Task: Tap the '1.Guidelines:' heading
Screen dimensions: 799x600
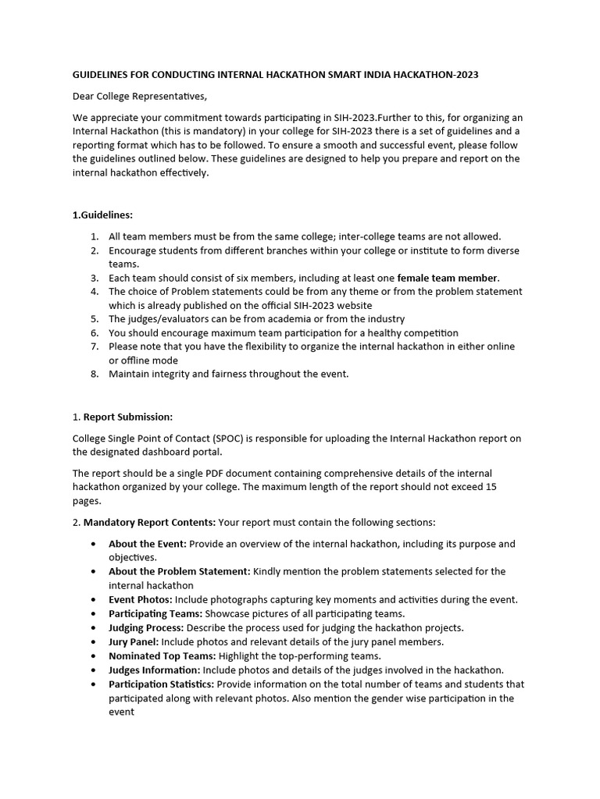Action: click(x=102, y=215)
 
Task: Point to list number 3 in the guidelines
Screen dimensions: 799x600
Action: click(x=94, y=278)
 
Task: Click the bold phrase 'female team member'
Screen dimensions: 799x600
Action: click(x=448, y=278)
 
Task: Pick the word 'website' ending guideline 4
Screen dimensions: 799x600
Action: click(x=352, y=305)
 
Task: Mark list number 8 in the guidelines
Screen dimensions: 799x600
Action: click(x=94, y=374)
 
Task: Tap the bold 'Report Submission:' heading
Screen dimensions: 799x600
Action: click(x=128, y=417)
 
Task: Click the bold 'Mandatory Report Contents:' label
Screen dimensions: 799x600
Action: click(x=149, y=522)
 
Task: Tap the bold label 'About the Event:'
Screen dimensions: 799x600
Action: click(x=147, y=544)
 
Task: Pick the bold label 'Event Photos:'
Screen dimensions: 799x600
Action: click(x=140, y=599)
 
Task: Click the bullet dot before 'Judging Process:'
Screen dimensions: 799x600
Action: click(x=95, y=627)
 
